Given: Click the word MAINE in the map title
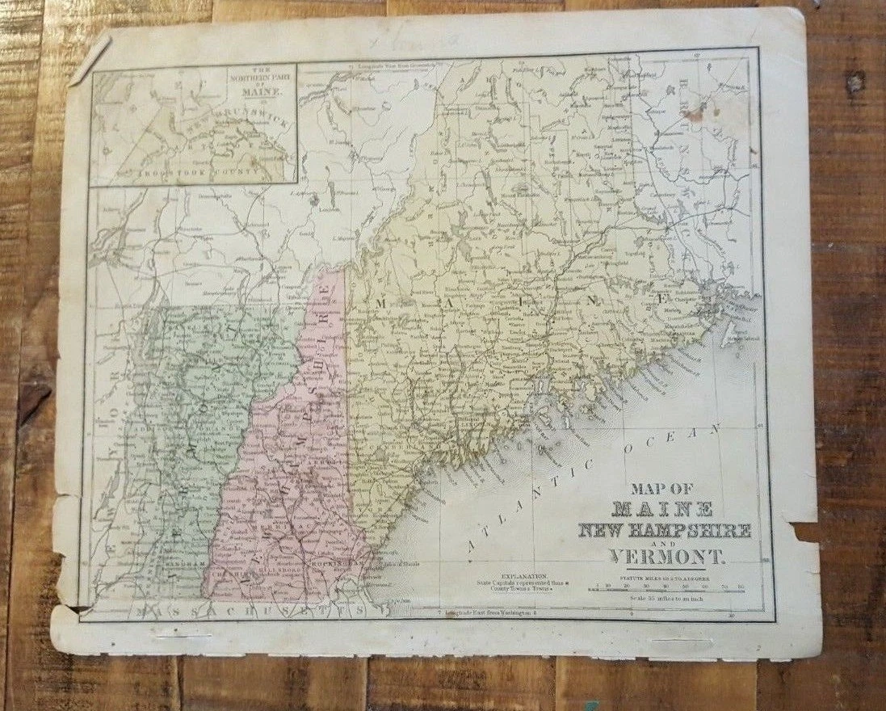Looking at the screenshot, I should click(663, 509).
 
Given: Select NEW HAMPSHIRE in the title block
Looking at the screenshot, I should click(665, 531).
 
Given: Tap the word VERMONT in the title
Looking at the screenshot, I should click(668, 557).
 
